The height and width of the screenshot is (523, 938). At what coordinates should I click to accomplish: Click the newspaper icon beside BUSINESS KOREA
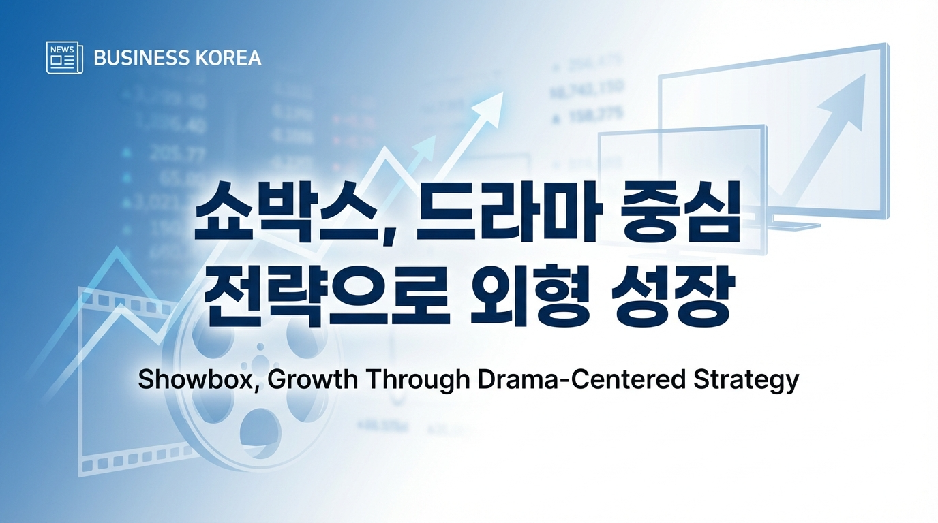[65, 57]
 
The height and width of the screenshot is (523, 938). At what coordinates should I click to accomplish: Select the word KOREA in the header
[228, 58]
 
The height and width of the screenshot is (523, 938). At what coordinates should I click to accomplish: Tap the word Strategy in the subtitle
[746, 380]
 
